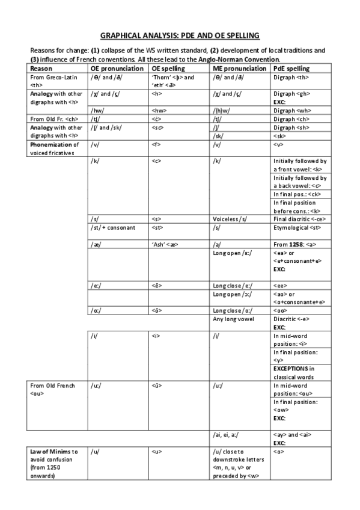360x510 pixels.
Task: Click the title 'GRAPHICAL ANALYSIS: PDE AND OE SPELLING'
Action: [179, 35]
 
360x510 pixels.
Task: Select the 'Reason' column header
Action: [41, 69]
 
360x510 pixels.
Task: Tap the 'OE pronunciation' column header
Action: [117, 69]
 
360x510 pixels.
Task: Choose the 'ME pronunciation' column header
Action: [240, 69]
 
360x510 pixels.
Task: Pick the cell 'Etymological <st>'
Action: [296, 228]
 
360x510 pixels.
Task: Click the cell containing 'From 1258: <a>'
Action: [294, 245]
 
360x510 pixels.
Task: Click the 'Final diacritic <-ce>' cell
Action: [298, 219]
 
